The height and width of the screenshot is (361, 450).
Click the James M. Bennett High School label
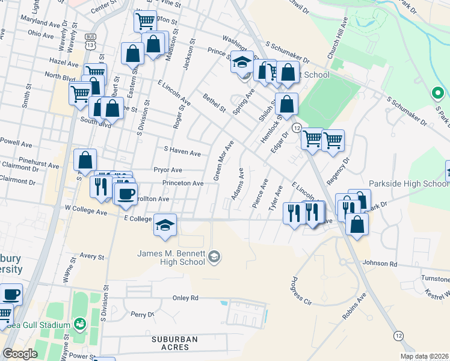(171, 258)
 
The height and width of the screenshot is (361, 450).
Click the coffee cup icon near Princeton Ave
(126, 193)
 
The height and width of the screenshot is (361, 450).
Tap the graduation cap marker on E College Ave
(165, 224)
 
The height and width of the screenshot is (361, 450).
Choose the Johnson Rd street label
(380, 264)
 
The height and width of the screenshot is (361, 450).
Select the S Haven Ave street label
(182, 153)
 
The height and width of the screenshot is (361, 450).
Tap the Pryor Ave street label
(167, 170)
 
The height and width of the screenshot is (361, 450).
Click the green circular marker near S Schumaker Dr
(438, 94)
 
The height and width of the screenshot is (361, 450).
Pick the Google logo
(20, 354)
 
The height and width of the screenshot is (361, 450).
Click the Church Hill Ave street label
(337, 39)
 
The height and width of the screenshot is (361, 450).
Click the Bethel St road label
(214, 103)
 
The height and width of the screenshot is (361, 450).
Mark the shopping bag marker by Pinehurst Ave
(85, 160)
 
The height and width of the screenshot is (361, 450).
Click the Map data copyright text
(424, 356)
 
